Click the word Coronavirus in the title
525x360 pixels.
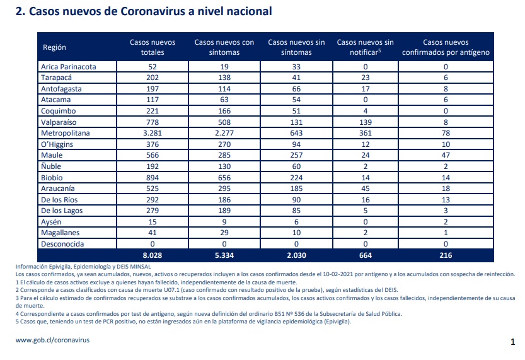pos(153,11)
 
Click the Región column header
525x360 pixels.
pos(54,47)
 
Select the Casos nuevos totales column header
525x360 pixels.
pos(153,47)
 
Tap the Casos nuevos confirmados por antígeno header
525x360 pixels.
pos(446,47)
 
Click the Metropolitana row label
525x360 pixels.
pos(66,133)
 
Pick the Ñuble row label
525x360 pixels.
pos(51,166)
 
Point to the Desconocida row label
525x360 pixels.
pos(62,244)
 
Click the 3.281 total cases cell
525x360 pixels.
pos(153,133)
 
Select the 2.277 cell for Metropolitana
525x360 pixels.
pos(224,133)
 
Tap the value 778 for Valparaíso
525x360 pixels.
pos(153,122)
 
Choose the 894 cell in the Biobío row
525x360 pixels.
pos(153,178)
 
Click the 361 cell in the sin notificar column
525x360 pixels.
pos(366,133)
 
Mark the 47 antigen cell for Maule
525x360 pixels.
pos(446,155)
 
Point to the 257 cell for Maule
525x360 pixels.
pos(296,155)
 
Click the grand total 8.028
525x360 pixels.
pos(153,255)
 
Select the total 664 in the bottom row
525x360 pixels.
pos(366,255)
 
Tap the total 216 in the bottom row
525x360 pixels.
pos(446,255)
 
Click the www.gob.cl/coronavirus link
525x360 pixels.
pos(52,340)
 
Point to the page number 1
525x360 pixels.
pos(512,342)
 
